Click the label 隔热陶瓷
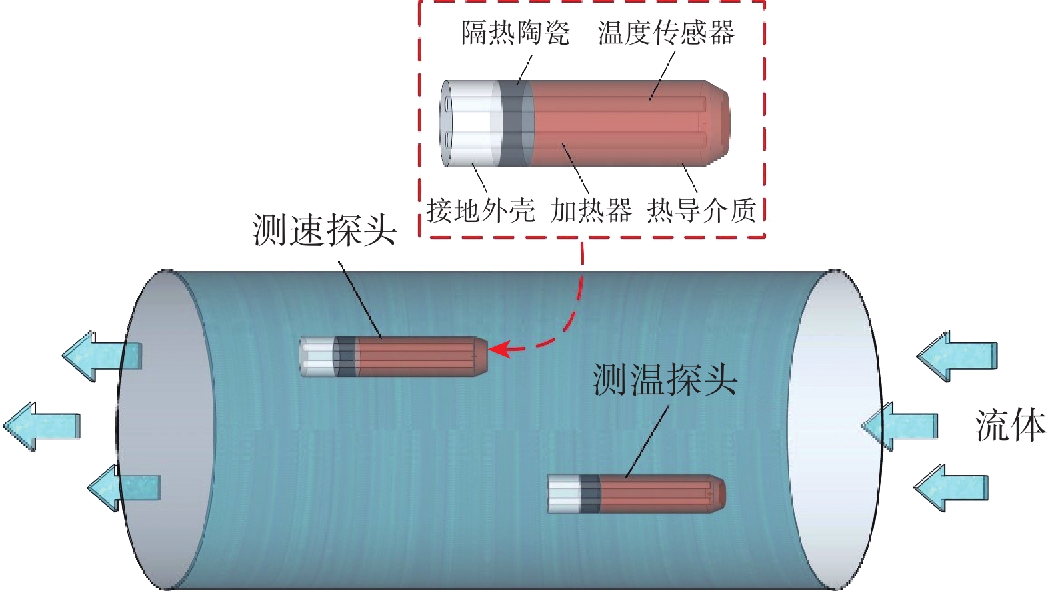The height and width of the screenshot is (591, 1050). point(515,33)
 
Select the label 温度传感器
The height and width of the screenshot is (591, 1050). point(665,33)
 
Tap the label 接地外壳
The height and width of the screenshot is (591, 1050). point(481,210)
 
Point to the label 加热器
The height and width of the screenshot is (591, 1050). point(591,210)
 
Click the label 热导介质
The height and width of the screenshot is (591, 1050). point(702,210)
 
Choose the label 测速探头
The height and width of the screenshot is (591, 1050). point(325,230)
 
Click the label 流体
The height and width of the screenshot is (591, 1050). point(1011,426)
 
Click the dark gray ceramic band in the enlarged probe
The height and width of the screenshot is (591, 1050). point(515,123)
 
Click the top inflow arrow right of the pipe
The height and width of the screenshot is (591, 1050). point(957,356)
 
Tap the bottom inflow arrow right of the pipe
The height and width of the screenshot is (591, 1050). point(952,488)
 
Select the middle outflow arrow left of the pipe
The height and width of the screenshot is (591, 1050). point(42,426)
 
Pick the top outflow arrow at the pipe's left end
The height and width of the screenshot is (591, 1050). point(102,356)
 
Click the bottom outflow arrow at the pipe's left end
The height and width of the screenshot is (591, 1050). point(124,488)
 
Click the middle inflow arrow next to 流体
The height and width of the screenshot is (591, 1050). point(899,426)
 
